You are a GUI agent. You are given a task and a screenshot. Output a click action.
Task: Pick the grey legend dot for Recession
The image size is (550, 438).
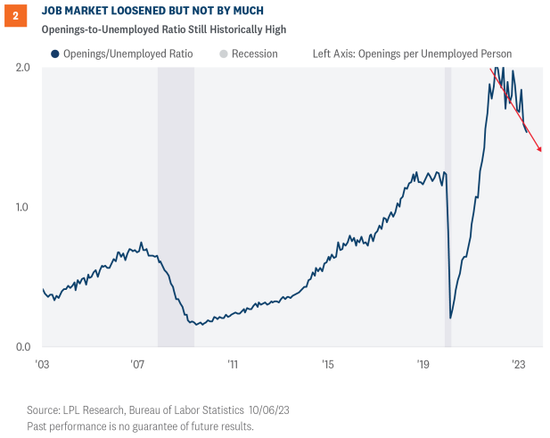point(224,54)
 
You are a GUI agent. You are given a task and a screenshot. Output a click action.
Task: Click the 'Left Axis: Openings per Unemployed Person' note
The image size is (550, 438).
point(412,54)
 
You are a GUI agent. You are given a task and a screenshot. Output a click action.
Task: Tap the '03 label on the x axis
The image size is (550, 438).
point(42,364)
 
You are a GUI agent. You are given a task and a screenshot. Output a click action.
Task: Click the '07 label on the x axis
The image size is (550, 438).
point(137,364)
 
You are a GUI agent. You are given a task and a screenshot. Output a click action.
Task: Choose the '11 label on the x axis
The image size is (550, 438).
point(233,364)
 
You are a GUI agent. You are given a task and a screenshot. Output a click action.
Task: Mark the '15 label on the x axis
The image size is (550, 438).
point(328,364)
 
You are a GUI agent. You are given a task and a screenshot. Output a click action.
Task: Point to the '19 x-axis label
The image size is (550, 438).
point(423,364)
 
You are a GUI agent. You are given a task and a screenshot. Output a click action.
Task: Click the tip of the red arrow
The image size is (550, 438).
point(541,152)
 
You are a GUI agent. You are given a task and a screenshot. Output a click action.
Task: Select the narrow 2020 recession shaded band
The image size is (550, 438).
point(448,205)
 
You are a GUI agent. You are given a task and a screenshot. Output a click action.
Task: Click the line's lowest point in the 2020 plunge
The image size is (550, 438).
point(451,318)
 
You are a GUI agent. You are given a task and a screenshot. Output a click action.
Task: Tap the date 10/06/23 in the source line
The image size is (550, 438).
point(270,409)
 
